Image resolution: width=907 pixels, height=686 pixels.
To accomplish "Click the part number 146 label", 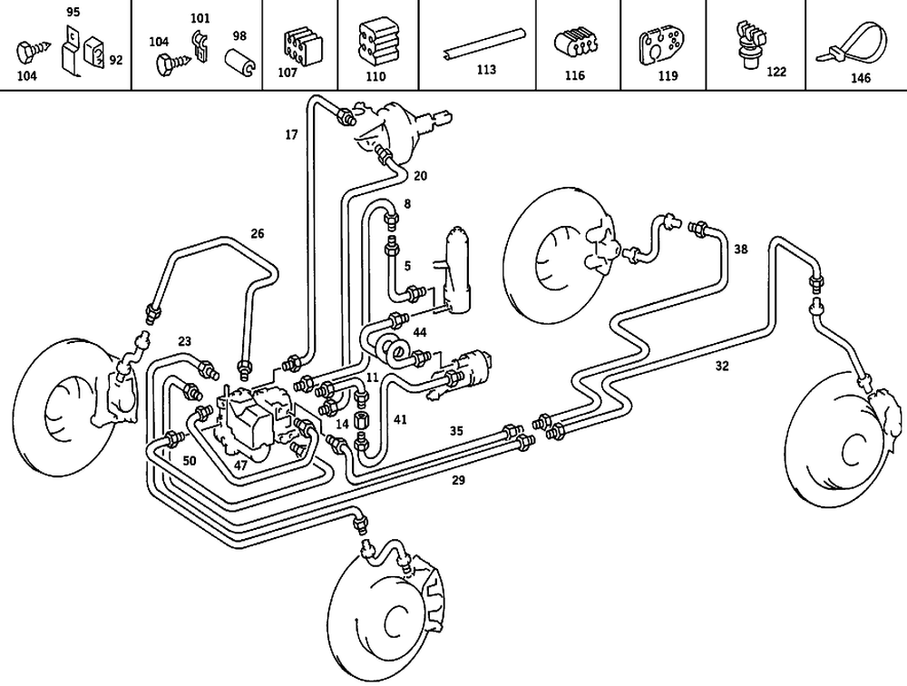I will (x=860, y=78).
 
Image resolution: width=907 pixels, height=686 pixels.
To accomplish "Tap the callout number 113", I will (x=486, y=70).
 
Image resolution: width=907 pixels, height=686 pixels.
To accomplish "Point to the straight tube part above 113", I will (x=484, y=44).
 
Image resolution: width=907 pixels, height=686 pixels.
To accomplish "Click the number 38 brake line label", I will (x=741, y=248).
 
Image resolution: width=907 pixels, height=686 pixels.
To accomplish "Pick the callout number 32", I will (x=722, y=367).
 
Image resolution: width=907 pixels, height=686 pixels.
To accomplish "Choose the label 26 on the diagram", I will (x=258, y=233).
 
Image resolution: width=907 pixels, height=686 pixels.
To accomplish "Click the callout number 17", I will (x=291, y=135).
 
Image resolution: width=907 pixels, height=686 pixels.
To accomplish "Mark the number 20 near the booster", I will (x=421, y=175).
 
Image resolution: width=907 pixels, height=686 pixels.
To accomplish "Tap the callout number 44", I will (x=420, y=333).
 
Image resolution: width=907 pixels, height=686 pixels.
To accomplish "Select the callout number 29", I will (x=459, y=480).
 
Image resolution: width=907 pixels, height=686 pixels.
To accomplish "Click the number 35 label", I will (x=457, y=431).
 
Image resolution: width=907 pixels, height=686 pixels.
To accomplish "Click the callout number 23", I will (x=185, y=341).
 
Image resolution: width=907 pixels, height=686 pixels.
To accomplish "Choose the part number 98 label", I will (x=239, y=35).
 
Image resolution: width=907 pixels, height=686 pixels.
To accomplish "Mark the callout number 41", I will (x=400, y=419).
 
